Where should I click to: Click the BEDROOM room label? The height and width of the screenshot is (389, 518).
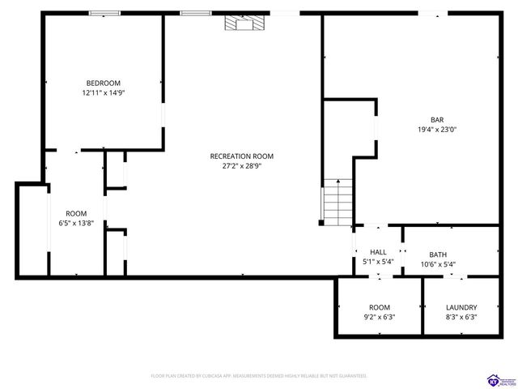point(104,83)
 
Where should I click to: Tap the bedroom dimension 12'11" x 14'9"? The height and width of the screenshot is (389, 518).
point(104,93)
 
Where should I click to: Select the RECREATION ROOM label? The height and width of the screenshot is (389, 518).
point(241,156)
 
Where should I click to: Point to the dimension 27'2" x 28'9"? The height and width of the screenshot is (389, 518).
point(241,166)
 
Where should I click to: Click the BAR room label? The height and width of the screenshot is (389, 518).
point(436,120)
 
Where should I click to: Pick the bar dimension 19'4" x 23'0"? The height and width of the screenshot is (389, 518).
point(436,130)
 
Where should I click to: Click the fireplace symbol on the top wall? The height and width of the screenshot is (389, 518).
point(244,24)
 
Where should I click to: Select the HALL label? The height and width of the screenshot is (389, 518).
point(378,252)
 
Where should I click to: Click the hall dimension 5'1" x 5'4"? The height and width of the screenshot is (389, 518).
point(378,262)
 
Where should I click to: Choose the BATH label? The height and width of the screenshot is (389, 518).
point(438,254)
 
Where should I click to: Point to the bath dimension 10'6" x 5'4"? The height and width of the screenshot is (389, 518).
point(438,264)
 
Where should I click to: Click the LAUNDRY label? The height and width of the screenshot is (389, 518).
point(461,307)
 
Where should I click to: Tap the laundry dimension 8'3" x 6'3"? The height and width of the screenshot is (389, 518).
point(461,317)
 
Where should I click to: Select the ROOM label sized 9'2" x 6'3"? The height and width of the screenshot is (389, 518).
point(380,307)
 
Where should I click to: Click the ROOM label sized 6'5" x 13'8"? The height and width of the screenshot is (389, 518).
point(76,213)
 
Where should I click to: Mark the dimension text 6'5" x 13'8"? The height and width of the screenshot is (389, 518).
point(76,223)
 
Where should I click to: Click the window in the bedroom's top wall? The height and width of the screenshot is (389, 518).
point(105,13)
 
